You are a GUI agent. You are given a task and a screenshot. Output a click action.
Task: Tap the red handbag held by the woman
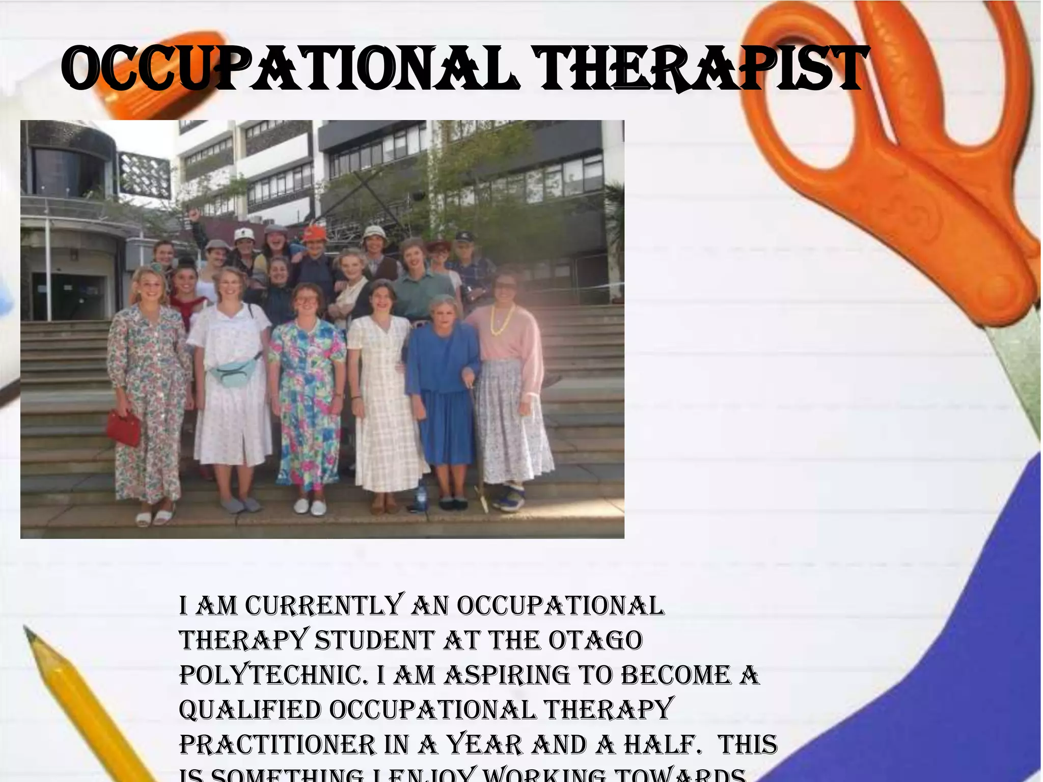[x=124, y=428]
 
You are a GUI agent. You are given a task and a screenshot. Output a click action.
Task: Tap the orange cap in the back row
[x=314, y=234]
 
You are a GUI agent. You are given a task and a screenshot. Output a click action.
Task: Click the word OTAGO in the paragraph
[x=596, y=640]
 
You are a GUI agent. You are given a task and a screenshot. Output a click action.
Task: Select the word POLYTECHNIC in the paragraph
[x=274, y=675]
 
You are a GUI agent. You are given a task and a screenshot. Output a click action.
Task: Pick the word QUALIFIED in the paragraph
[x=250, y=710]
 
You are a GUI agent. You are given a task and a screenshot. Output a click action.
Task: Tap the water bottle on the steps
[x=421, y=494]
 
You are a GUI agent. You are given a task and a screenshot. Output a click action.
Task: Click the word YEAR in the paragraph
[x=485, y=744]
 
